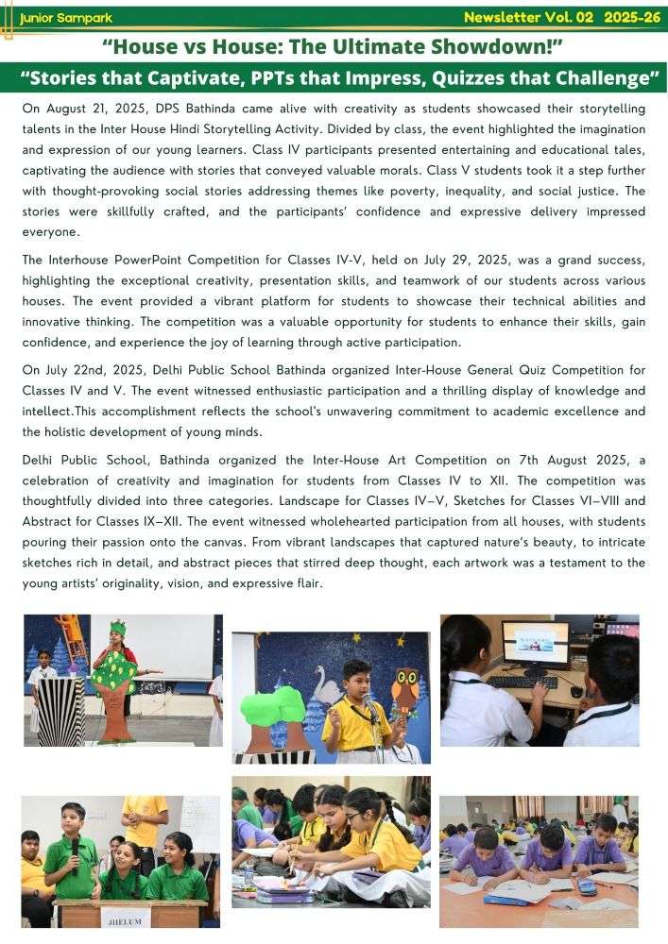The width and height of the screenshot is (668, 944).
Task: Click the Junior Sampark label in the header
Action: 60,18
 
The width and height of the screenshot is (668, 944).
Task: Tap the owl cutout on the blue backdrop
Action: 404,686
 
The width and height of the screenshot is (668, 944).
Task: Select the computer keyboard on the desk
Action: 522,682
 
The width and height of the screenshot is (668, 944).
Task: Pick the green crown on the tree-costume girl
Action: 117,628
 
